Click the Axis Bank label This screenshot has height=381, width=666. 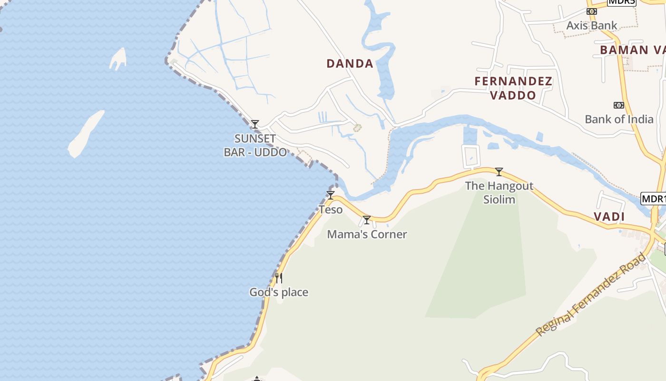591,25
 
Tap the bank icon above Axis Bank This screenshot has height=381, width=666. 591,11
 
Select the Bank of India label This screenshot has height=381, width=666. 619,119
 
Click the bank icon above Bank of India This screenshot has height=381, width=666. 618,105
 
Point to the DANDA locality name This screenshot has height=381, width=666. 350,63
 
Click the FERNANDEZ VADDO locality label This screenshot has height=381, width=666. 513,88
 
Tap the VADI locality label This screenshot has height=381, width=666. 609,217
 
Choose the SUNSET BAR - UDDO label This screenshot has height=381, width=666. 255,145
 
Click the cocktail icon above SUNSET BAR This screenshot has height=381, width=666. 255,124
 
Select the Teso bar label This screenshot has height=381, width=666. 331,210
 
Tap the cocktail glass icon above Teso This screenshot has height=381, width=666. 330,195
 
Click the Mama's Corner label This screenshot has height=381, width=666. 367,234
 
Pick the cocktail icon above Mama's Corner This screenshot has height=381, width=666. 366,220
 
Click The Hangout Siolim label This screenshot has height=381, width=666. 499,192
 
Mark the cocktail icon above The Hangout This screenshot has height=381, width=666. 499,172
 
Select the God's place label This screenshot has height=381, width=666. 279,292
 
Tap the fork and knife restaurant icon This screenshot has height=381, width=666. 279,278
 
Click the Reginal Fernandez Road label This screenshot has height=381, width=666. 591,295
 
